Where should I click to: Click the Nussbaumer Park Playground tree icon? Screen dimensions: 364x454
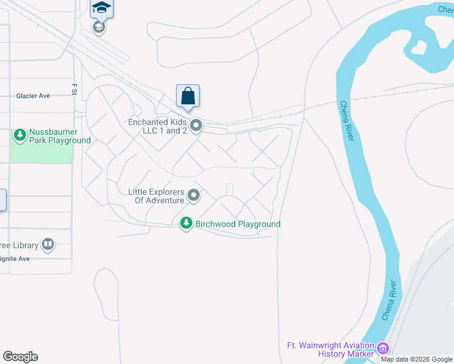pos(20,134)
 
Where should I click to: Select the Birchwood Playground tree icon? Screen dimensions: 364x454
pos(187,224)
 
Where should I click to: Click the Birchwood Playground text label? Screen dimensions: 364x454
pos(237,224)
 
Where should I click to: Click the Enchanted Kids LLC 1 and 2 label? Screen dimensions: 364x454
pos(157,126)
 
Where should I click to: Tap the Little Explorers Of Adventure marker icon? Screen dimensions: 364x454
pos(194,195)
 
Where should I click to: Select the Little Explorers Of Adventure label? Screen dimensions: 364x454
pos(156,196)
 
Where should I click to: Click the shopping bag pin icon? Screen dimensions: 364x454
pos(188,96)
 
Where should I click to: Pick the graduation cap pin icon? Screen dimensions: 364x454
pos(101,8)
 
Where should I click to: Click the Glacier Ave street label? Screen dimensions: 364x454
pos(33,96)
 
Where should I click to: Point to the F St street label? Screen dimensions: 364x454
pos(75,89)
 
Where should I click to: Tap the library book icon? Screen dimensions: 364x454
pos(47,245)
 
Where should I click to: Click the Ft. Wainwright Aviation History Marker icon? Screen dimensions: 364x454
pos(382,348)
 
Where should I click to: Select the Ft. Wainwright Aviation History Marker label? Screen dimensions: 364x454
pos(331,349)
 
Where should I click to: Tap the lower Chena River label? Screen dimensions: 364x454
pos(389,301)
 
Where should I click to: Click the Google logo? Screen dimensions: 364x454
pos(21,357)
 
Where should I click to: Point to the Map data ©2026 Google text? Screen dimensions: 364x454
pos(417,359)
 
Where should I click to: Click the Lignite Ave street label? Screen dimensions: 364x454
pos(15,259)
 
